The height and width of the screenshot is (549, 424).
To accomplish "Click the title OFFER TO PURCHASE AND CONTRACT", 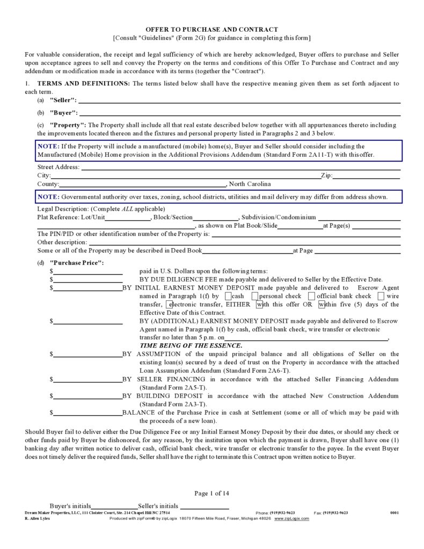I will pyautogui.click(x=211, y=29).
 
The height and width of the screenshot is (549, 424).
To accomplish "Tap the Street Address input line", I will pyautogui.click(x=240, y=167).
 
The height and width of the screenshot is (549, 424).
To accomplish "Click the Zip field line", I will pyautogui.click(x=366, y=176).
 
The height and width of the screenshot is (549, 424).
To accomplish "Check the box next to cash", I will pyautogui.click(x=229, y=296).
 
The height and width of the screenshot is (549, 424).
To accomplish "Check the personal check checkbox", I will pyautogui.click(x=255, y=296).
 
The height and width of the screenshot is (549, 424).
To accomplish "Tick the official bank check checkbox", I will pyautogui.click(x=312, y=296).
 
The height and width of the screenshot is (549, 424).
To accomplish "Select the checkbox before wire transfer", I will pyautogui.click(x=381, y=296).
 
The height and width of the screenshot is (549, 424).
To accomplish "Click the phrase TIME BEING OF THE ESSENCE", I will pyautogui.click(x=191, y=345).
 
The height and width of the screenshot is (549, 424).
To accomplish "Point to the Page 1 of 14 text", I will pyautogui.click(x=211, y=493).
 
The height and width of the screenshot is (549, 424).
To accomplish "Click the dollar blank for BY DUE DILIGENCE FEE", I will pyautogui.click(x=88, y=280).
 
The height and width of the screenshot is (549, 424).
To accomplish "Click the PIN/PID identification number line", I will pyautogui.click(x=306, y=234).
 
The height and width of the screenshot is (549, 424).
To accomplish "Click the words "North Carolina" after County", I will pyautogui.click(x=250, y=184).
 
